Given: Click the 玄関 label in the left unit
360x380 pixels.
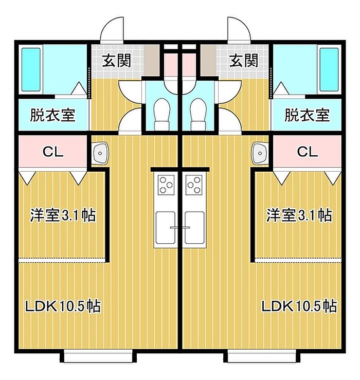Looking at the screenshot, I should click(x=116, y=61).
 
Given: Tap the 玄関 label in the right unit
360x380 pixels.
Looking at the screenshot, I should click(x=243, y=61).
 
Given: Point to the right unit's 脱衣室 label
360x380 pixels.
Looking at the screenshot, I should click(x=307, y=115).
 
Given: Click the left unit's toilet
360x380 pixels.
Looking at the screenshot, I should click(x=163, y=114).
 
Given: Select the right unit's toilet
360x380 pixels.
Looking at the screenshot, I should click(x=197, y=114).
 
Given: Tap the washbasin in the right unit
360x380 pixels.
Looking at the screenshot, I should click(x=260, y=152).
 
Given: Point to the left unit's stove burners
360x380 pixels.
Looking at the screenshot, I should click(x=166, y=185).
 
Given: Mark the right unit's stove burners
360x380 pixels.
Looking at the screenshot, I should click(x=194, y=185).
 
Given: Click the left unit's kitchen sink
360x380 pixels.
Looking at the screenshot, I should click(x=166, y=226).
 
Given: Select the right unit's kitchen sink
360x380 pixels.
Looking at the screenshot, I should click(x=194, y=226).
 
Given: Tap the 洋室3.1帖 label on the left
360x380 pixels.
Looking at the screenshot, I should click(x=63, y=215).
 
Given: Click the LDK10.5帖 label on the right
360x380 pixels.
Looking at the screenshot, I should click(x=299, y=307).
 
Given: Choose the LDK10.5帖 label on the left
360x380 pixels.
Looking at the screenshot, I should click(x=63, y=307).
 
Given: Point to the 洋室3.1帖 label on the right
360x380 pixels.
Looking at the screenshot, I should click(x=298, y=215).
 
